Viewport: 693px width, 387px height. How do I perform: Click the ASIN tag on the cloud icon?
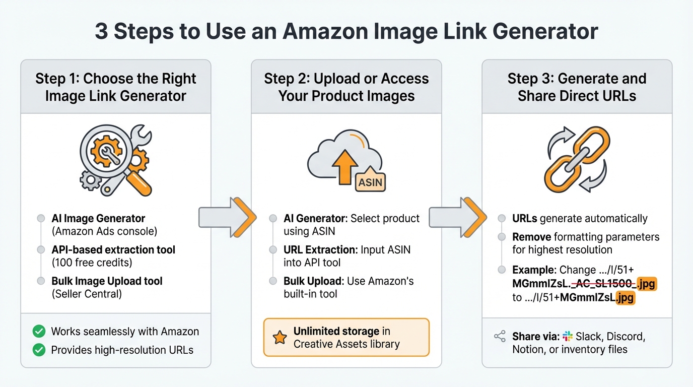370,182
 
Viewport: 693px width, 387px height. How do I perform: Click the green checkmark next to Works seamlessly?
38,331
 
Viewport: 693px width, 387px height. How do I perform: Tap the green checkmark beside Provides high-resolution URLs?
38,350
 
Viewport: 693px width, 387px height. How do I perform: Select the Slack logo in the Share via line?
568,336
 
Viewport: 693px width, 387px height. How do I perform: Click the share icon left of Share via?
500,337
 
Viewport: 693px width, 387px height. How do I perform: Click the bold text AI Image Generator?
98,218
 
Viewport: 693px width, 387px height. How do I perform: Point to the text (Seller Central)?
87,294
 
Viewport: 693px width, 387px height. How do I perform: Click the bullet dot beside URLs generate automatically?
502,218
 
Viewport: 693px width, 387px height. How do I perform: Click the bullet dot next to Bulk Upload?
273,281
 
